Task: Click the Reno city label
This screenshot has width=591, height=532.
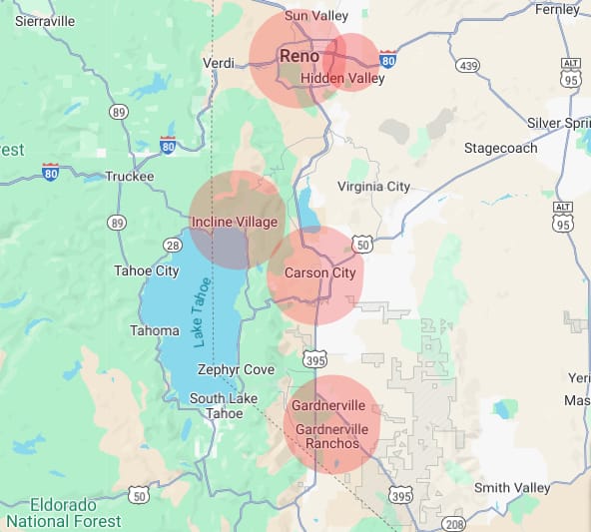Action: [x=299, y=56]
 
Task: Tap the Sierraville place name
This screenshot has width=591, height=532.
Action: [x=45, y=21]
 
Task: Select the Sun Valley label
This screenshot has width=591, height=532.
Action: [x=316, y=16]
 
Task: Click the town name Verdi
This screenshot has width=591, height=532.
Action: [x=218, y=63]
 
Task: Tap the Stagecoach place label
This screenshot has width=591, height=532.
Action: [x=500, y=148]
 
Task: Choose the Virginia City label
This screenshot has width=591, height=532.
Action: [x=373, y=187]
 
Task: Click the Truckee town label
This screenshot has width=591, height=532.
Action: [x=130, y=177]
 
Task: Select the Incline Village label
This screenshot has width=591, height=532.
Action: [x=235, y=222]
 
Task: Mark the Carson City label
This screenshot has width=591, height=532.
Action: [x=319, y=272]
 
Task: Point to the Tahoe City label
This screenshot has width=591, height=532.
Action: [x=146, y=270]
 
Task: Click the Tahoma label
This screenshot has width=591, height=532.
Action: [x=155, y=330]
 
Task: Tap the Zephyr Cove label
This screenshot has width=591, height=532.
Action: [x=236, y=369]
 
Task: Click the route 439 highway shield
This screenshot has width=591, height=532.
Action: [x=466, y=66]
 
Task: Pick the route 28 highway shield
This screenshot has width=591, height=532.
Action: [x=173, y=245]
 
